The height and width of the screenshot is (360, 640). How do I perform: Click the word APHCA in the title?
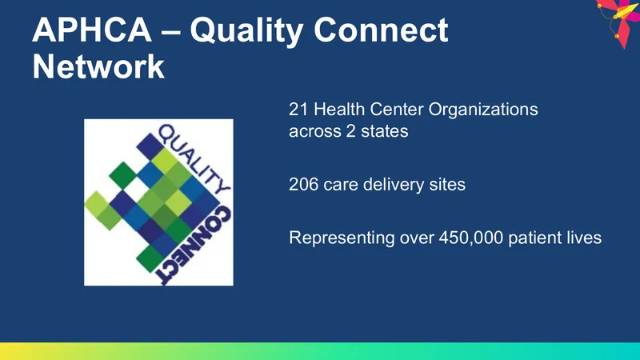click(92, 30)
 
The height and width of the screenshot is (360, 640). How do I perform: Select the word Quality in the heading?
click(246, 32)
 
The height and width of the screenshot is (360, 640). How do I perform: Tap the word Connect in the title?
click(381, 30)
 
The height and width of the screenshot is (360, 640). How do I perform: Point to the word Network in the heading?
click(98, 66)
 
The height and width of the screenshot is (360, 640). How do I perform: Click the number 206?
click(303, 185)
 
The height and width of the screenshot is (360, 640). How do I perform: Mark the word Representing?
click(342, 238)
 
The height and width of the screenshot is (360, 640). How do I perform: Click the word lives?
click(584, 238)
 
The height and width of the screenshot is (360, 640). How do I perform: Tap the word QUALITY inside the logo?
click(193, 158)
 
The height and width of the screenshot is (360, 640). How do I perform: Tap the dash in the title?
click(171, 32)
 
